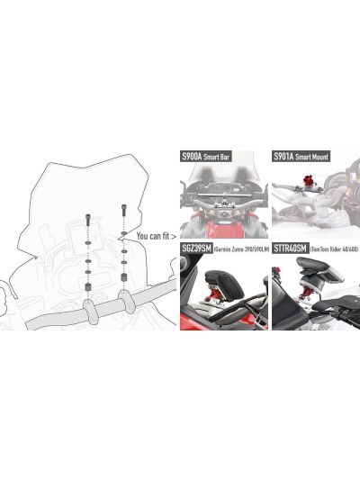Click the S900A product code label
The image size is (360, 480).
191,156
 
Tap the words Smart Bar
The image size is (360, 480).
218,156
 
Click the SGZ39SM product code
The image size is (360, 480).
195,247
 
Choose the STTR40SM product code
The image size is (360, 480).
288,247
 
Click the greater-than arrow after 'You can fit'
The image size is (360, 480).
171,237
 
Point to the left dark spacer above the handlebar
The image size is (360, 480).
89,287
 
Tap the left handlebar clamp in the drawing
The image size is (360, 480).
92,311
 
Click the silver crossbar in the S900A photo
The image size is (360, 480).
220,190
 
